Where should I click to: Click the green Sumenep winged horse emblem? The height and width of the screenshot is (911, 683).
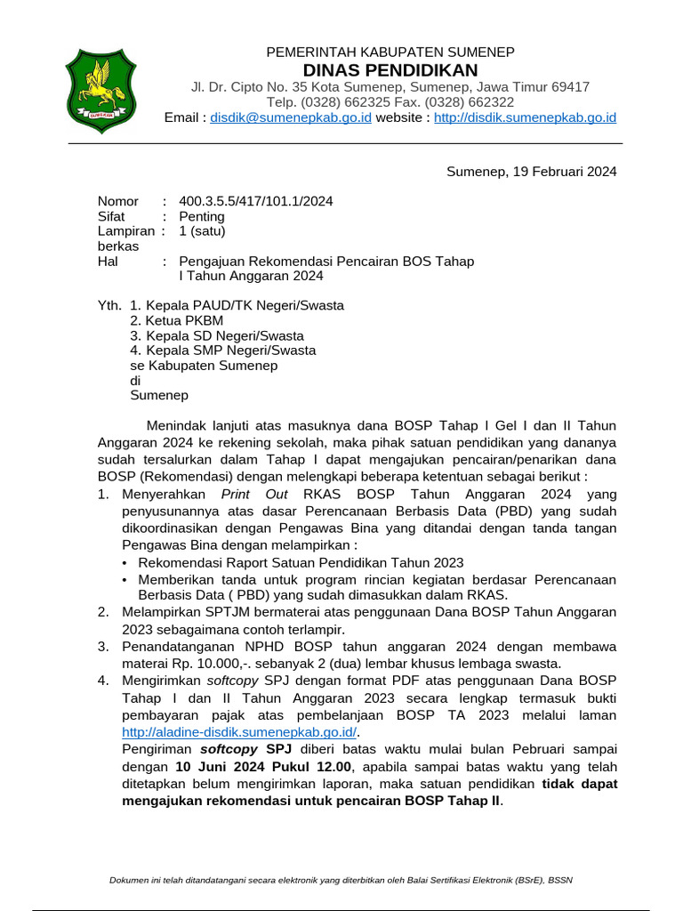click(x=100, y=91)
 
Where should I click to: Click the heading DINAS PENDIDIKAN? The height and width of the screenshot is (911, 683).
click(x=390, y=70)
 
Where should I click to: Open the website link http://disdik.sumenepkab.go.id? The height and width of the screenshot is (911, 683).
click(x=525, y=117)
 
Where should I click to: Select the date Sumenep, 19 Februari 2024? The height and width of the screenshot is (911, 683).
click(x=531, y=172)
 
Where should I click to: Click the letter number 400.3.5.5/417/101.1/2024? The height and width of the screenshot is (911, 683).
click(x=256, y=201)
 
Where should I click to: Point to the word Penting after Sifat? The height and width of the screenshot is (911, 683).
click(x=202, y=216)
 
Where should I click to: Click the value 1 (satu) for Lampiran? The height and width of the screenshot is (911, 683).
click(x=203, y=231)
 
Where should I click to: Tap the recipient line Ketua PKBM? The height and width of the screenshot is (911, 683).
click(x=176, y=320)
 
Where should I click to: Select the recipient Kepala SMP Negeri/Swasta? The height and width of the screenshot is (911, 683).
click(x=222, y=351)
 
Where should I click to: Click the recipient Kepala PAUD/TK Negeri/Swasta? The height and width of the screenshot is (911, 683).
click(x=237, y=305)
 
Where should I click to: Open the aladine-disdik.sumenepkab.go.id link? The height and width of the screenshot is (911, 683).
click(x=238, y=732)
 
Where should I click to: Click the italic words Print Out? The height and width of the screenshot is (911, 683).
click(x=251, y=495)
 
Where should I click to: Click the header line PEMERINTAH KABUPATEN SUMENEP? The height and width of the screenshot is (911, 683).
click(x=390, y=52)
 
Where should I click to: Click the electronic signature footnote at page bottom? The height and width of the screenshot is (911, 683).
click(x=341, y=880)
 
